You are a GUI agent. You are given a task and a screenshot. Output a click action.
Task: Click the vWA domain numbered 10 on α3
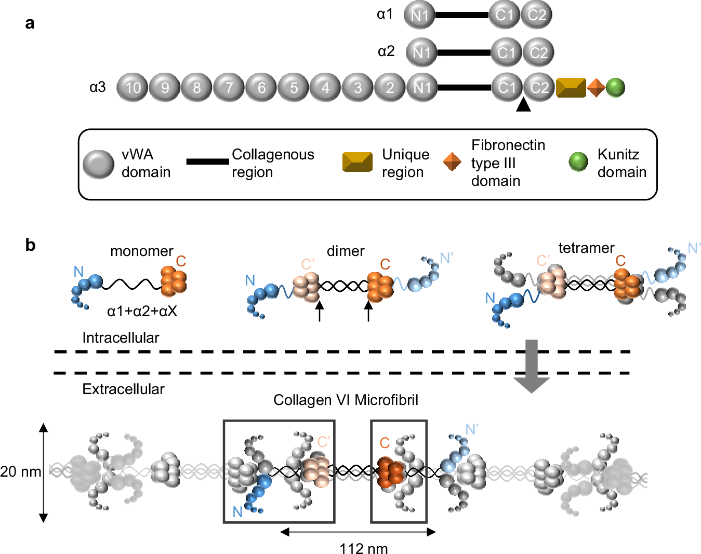pos(133,87)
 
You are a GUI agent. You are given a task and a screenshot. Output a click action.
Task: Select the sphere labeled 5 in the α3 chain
pos(294,87)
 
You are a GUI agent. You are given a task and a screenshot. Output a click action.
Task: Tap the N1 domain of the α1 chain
pos(420,15)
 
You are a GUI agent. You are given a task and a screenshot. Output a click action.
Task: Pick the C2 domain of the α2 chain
pos(538,52)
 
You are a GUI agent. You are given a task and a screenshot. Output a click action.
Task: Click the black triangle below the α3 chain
pos(523,105)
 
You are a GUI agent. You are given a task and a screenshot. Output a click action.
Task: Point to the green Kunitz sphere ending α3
pos(615,87)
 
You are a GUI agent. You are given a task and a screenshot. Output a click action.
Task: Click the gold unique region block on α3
pos(571,88)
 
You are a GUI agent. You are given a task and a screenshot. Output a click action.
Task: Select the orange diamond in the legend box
pos(452,161)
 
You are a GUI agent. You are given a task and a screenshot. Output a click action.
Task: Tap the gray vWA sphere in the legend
pos(99,164)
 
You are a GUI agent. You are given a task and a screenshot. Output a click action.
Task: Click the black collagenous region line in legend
pos(207,161)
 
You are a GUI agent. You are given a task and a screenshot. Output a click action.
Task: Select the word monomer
pos(141,251)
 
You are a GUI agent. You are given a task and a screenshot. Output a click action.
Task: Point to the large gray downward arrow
pos(531,366)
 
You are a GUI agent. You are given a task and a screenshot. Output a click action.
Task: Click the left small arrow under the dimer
pos(320,311)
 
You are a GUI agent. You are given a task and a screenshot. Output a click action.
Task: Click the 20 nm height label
pos(21,471)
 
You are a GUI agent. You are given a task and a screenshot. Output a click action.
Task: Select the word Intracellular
pos(121,337)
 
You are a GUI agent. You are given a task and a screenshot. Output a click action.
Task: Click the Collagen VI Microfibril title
pos(346,400)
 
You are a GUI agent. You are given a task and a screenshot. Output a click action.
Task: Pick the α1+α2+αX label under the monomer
pos(142,311)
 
